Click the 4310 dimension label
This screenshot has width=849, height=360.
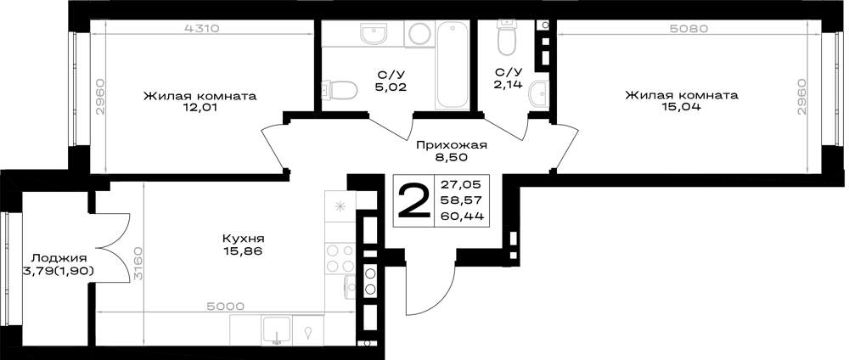[x=201, y=29]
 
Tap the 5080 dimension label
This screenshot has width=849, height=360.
[x=689, y=29]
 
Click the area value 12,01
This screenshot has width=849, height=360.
[x=200, y=108]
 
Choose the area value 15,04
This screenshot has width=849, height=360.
[x=681, y=107]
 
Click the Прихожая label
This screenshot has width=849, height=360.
[x=452, y=145]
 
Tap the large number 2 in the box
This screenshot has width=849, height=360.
[x=413, y=200]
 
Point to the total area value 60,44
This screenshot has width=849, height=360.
[x=462, y=217]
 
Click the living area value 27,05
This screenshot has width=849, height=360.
[x=462, y=183]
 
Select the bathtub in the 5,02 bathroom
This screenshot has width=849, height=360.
[x=453, y=65]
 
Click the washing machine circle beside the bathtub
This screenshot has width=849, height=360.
[x=419, y=35]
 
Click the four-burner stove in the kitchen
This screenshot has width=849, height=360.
[x=340, y=258]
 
